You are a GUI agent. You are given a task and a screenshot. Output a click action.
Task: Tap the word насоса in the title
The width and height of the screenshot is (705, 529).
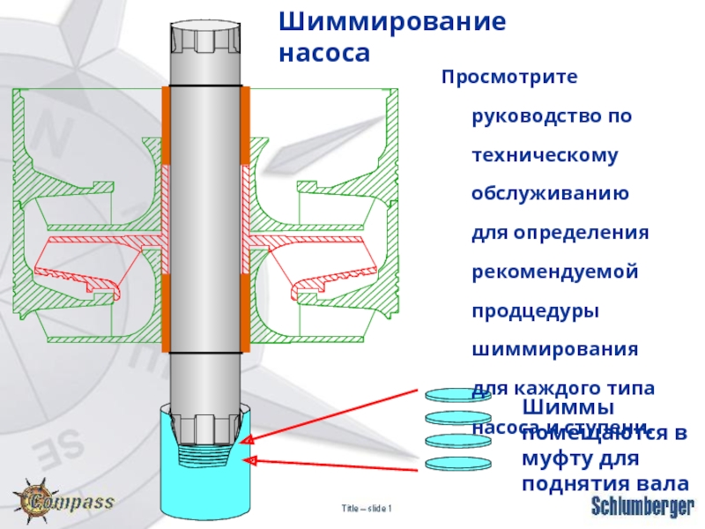tap(323, 54)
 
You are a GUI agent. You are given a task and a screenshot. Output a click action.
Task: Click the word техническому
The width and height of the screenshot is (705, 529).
tap(545, 155)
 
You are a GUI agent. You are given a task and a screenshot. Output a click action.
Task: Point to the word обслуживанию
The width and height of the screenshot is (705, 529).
tap(550, 194)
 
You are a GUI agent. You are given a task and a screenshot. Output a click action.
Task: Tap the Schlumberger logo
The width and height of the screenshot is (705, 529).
tap(642, 507)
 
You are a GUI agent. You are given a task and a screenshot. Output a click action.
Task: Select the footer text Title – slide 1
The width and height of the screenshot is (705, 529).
tap(367, 509)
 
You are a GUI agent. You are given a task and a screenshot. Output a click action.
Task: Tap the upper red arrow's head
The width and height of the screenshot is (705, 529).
tap(250, 440)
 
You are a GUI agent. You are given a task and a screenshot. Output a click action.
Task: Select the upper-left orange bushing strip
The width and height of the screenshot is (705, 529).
tap(166, 123)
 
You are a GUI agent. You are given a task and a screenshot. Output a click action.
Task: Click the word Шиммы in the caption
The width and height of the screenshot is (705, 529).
tap(568, 407)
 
